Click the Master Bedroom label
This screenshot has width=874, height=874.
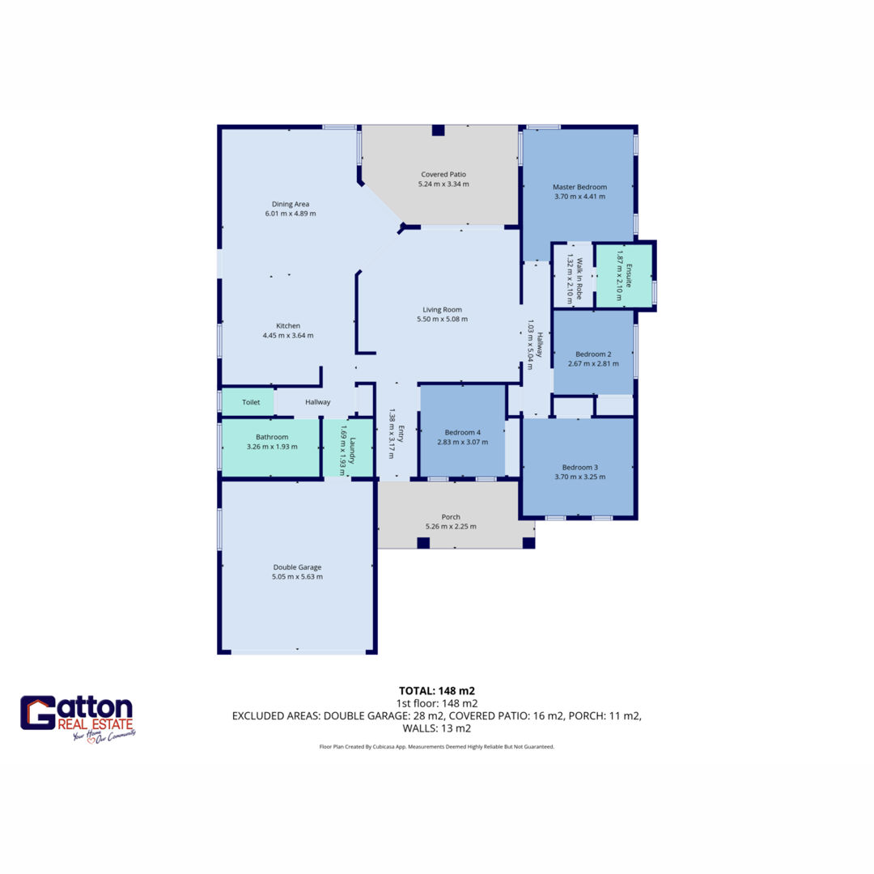pyautogui.click(x=579, y=187)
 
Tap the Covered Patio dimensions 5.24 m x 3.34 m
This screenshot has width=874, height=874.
pyautogui.click(x=443, y=184)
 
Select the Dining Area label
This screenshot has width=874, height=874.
pyautogui.click(x=291, y=204)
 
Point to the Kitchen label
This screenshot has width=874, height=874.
pyautogui.click(x=288, y=325)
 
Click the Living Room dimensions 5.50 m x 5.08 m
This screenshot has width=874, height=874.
pyautogui.click(x=443, y=320)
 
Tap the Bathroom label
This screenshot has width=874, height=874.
pyautogui.click(x=272, y=437)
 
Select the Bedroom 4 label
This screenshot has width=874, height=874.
pyautogui.click(x=463, y=432)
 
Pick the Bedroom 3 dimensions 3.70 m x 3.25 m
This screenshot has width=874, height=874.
pyautogui.click(x=579, y=477)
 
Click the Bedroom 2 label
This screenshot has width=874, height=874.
pyautogui.click(x=594, y=354)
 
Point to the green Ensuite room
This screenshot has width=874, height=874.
pyautogui.click(x=624, y=275)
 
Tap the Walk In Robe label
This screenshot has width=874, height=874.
pyautogui.click(x=579, y=278)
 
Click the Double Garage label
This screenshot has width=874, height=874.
pyautogui.click(x=297, y=566)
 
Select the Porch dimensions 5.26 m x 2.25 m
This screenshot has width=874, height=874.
pyautogui.click(x=451, y=526)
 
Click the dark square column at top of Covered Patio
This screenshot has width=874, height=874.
pyautogui.click(x=438, y=130)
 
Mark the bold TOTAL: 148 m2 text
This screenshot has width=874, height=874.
pyautogui.click(x=437, y=691)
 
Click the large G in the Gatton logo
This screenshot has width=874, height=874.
pyautogui.click(x=38, y=713)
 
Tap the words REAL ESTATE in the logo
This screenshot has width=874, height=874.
pyautogui.click(x=95, y=724)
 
